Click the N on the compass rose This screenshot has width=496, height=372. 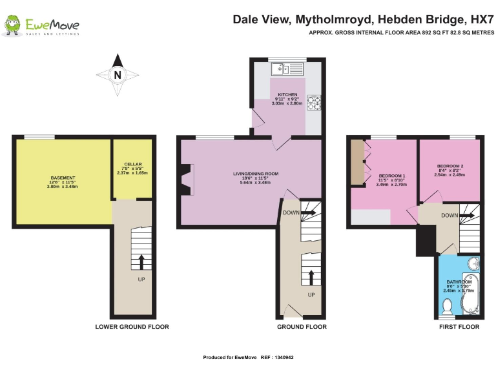[117, 74]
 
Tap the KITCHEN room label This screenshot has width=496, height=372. [287, 94]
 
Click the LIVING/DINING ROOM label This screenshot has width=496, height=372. [256, 173]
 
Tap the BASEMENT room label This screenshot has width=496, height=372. [63, 178]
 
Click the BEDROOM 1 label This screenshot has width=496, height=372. [391, 176]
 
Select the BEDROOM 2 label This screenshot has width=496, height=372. [449, 166]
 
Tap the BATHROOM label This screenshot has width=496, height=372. [459, 282]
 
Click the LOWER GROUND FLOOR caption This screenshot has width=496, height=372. [132, 327]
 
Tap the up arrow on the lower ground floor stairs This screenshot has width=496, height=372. [140, 261]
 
